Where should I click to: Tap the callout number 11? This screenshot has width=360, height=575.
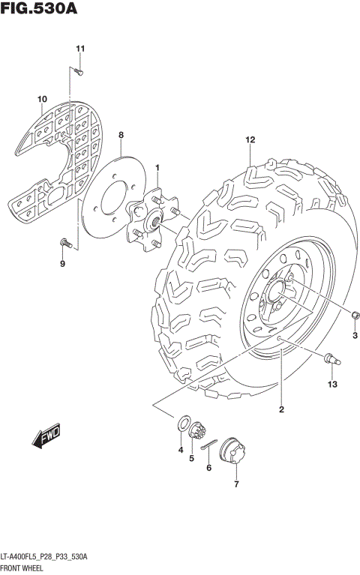tap(80, 49)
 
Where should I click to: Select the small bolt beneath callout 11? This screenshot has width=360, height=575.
tap(79, 71)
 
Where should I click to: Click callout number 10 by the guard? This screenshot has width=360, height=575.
tap(42, 99)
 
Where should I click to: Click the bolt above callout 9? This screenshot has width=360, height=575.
tap(65, 241)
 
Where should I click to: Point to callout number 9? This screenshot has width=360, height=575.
tap(62, 264)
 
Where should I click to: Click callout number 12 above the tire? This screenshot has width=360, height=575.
tap(250, 140)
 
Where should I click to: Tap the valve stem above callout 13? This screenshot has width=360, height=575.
tap(331, 361)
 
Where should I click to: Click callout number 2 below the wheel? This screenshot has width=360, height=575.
tap(281, 409)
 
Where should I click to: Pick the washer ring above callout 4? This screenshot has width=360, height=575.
tap(182, 425)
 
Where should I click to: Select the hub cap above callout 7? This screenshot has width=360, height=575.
tap(235, 456)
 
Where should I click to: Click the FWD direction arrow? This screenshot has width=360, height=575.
tap(46, 436)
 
